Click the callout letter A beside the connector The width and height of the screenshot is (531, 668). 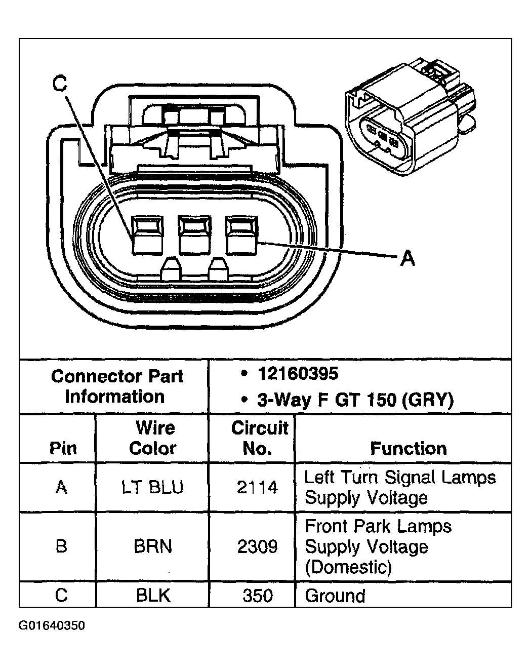point(407,258)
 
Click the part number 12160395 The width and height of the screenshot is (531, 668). point(298,374)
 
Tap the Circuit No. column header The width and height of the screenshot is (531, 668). point(259,438)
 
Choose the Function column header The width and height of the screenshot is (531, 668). point(408,448)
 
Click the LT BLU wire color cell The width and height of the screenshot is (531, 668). point(152,487)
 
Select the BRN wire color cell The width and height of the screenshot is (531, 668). point(152,546)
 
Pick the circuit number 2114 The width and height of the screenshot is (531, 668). point(257,487)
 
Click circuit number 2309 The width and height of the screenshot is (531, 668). point(257,546)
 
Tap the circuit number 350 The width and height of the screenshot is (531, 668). point(257,595)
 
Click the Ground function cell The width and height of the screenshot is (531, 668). point(335,596)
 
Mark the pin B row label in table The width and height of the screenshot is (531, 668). point(61,546)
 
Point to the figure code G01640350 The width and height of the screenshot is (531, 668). point(52,626)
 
